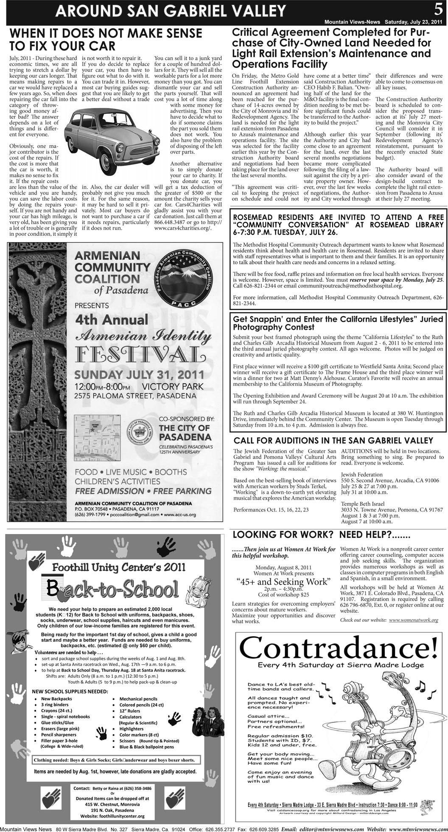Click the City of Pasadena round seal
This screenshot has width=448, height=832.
tap(140, 436)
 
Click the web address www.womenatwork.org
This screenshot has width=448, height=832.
tap(413, 620)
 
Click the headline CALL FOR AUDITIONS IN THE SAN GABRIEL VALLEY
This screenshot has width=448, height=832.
tap(333, 440)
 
